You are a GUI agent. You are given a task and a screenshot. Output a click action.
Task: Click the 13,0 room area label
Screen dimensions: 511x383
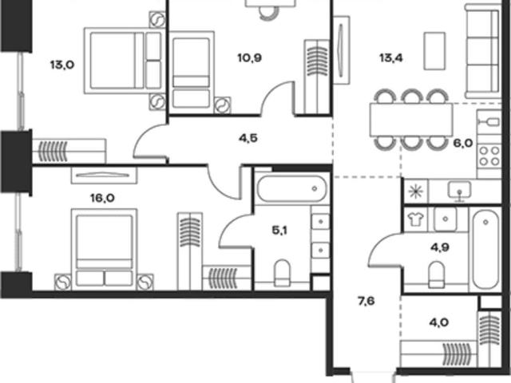[x=62, y=65]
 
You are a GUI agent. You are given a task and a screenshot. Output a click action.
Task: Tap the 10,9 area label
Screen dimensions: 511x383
[x=250, y=58]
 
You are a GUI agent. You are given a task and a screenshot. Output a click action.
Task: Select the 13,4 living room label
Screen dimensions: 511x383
[x=391, y=58]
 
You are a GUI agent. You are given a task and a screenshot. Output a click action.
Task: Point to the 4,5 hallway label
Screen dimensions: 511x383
[x=248, y=138]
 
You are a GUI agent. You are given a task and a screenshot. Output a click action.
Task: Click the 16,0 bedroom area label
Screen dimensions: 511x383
[x=102, y=198]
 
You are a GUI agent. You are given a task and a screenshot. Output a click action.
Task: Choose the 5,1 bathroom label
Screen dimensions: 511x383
[x=279, y=231]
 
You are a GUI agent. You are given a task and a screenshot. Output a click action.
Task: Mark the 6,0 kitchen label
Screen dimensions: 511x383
[x=463, y=143]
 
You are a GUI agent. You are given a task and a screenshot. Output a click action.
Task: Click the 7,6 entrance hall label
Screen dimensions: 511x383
[x=366, y=302]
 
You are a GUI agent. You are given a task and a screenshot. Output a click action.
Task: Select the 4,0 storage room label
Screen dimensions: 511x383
[x=439, y=322]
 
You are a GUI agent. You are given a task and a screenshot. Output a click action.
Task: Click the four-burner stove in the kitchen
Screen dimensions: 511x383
[x=489, y=156]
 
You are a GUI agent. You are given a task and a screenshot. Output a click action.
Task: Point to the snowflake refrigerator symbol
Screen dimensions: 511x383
[x=416, y=191]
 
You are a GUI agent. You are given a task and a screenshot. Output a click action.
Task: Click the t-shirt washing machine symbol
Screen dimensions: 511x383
[x=415, y=219]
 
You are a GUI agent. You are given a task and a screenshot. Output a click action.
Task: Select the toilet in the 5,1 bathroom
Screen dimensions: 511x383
[x=282, y=273]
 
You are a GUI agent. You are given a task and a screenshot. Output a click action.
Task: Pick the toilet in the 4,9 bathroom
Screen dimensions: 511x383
[x=437, y=274]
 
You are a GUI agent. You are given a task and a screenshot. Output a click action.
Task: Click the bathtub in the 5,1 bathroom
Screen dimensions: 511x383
[x=291, y=188]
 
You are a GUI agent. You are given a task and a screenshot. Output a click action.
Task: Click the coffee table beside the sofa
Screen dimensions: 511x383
[x=434, y=51]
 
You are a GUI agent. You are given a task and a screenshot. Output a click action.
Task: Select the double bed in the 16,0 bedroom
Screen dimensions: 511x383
[x=104, y=249]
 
